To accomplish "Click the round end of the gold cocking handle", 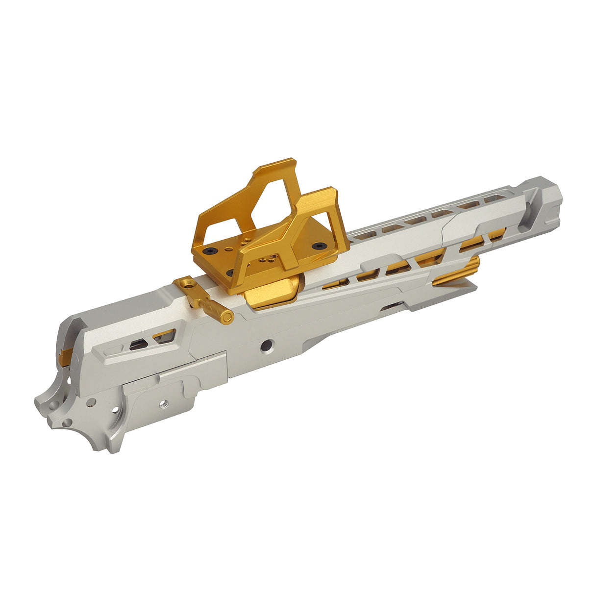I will [x=226, y=318].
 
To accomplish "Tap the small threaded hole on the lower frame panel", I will [x=163, y=403].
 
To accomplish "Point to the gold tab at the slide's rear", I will [x=68, y=354].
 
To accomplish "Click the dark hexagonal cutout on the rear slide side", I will [x=138, y=345].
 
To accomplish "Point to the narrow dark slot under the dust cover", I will [x=392, y=307].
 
